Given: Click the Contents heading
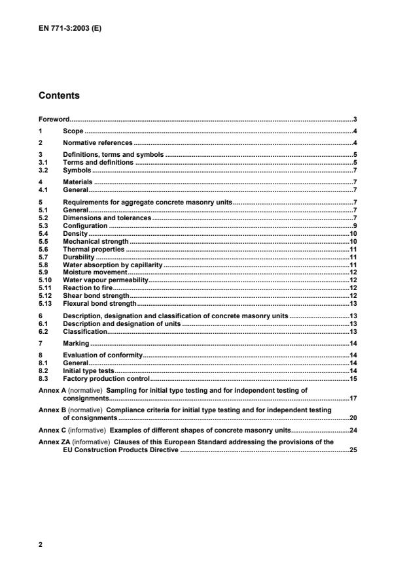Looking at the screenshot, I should tap(60, 95).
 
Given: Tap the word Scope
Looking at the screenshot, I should tap(73, 131).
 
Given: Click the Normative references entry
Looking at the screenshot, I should tap(97, 142).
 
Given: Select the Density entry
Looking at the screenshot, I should tap(75, 233).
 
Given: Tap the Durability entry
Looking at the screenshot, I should tap(79, 257).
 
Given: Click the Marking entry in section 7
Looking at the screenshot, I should tap(76, 343).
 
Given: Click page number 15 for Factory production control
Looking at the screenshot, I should tap(352, 378).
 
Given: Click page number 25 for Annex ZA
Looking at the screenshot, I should tap(352, 450).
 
